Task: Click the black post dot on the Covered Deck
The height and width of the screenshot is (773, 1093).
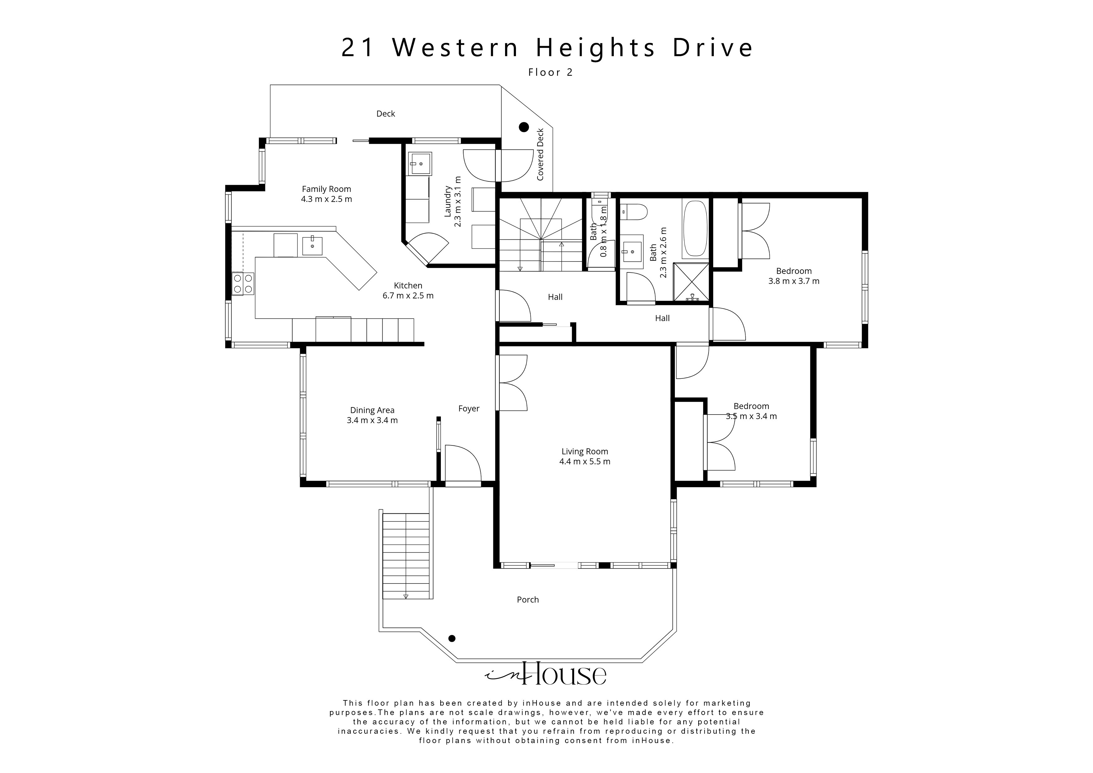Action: coord(524,127)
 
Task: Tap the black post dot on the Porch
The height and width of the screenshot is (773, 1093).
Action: coord(452,638)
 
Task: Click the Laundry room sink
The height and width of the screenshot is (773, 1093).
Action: coord(419,164)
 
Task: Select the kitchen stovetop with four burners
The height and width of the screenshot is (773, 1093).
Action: coord(243,284)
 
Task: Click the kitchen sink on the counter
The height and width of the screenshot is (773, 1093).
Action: coord(312,246)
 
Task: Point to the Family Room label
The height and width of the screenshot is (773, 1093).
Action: coord(326,189)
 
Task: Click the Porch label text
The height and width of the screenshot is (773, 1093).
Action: coord(527,600)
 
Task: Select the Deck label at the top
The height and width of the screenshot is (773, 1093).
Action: coord(386,113)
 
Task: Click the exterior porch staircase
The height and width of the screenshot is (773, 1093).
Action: coord(406,555)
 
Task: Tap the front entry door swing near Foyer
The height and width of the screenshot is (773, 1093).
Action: coord(462,464)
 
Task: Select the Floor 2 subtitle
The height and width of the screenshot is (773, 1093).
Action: coord(550,72)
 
